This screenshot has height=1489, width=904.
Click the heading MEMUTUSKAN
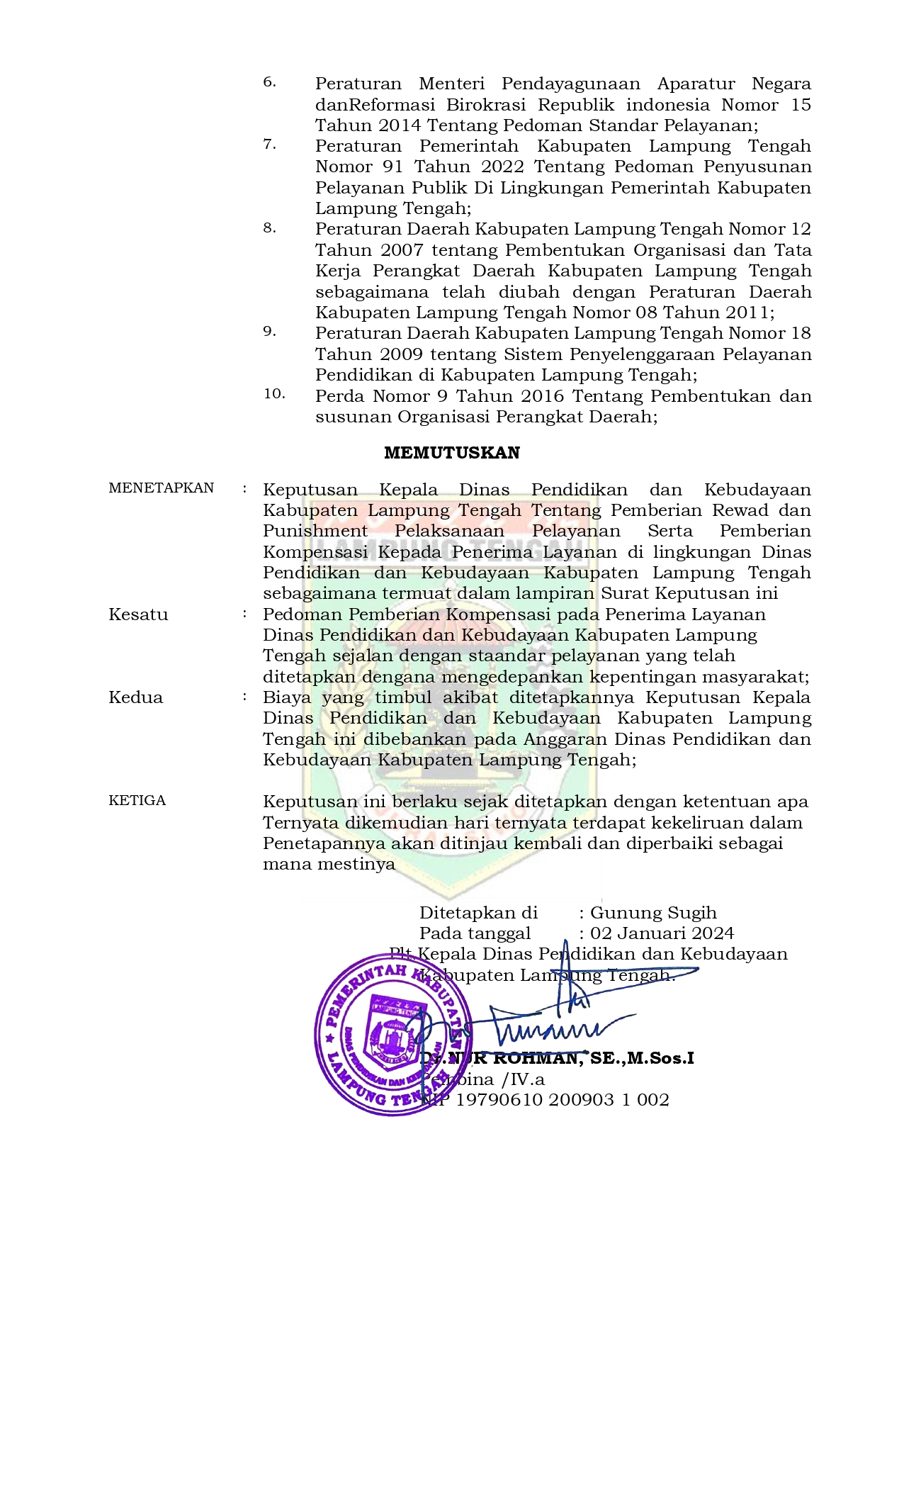(x=451, y=453)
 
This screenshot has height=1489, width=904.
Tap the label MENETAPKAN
(x=161, y=488)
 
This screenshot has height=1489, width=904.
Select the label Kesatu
(x=138, y=614)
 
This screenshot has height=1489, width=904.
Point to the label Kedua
(x=135, y=697)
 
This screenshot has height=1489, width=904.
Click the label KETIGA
(x=137, y=800)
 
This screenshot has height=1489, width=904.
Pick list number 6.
(x=269, y=82)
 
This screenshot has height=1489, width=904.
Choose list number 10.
(x=274, y=394)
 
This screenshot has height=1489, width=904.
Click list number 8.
(x=269, y=228)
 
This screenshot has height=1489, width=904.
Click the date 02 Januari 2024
(x=662, y=933)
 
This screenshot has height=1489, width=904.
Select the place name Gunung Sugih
(x=653, y=912)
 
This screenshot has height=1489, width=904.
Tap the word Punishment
(x=315, y=531)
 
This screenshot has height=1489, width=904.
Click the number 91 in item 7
(x=388, y=167)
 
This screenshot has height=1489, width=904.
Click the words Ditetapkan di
(x=478, y=912)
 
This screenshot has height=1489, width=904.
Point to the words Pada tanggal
(x=475, y=933)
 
